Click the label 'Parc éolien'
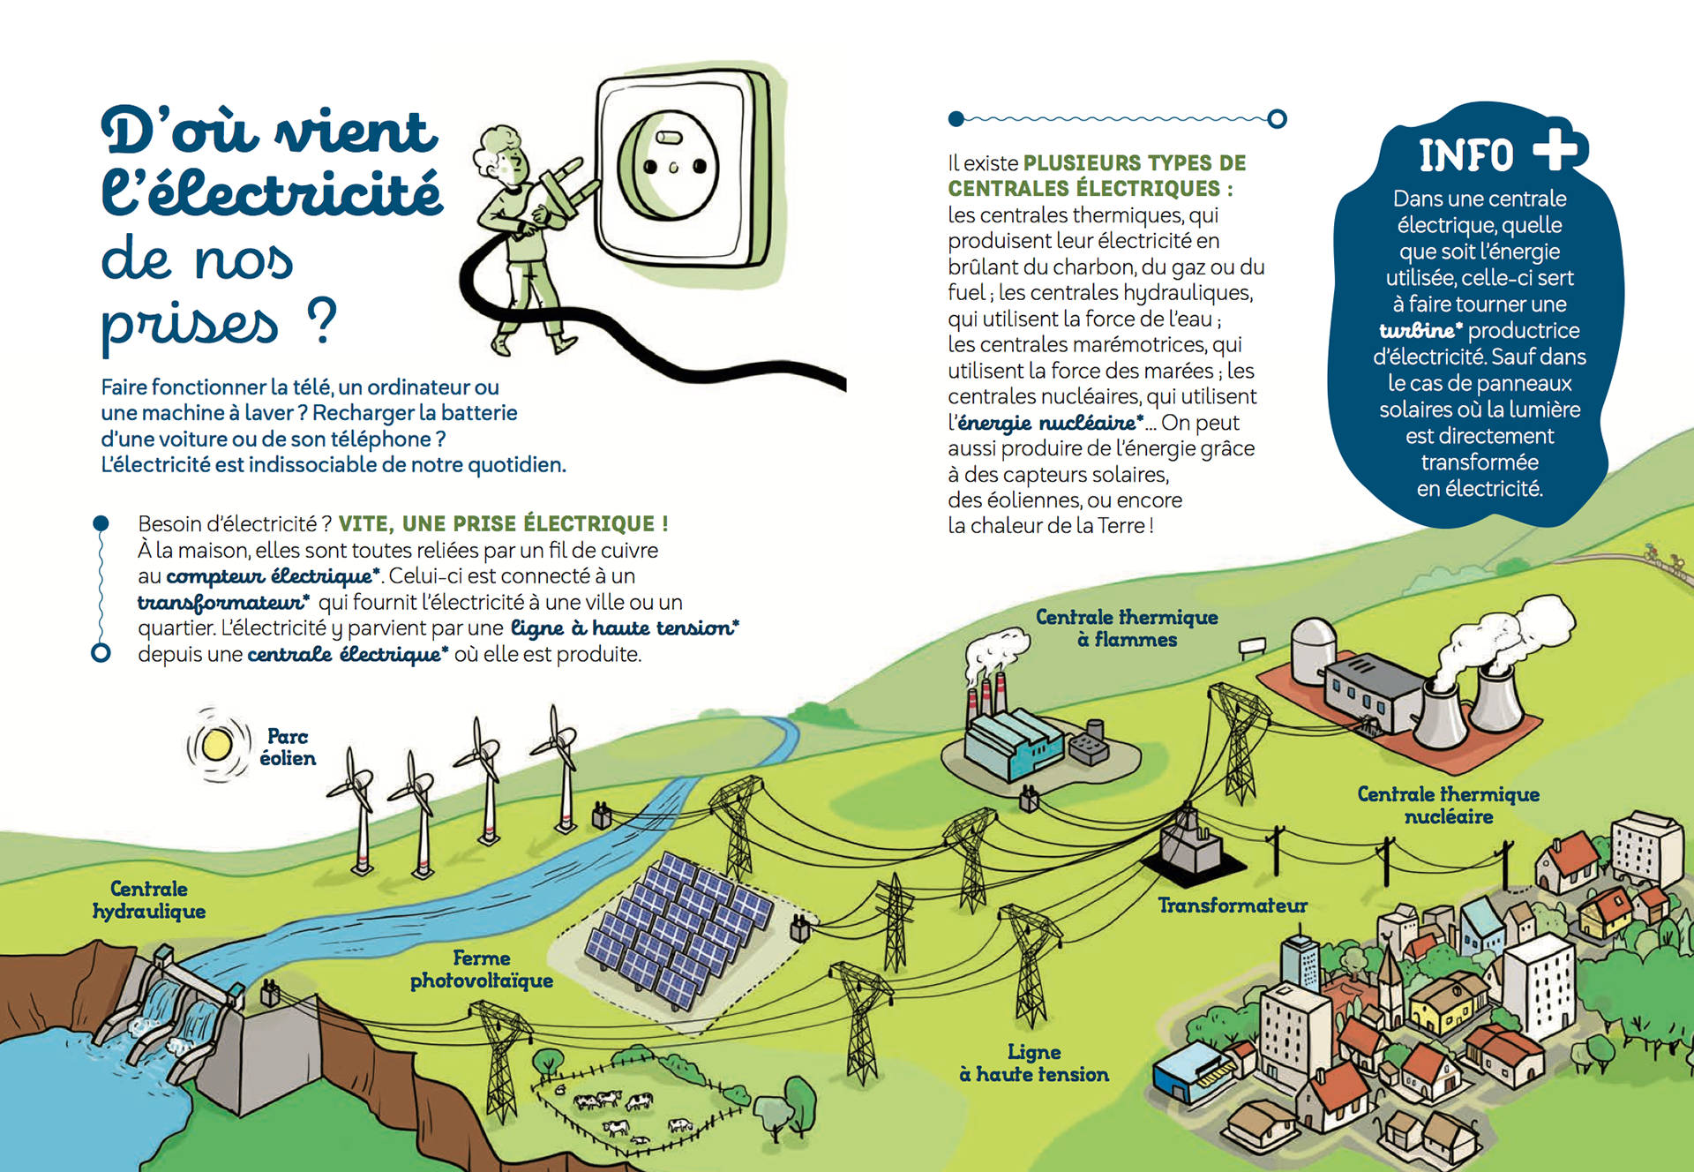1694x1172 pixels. click(288, 748)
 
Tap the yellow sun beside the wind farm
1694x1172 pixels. click(216, 745)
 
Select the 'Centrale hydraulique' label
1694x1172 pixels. click(149, 900)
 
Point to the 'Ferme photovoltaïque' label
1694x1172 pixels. click(482, 969)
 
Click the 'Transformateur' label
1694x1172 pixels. click(1233, 905)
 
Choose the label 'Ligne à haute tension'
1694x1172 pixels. click(1034, 1063)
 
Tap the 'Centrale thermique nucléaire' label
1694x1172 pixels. click(1448, 805)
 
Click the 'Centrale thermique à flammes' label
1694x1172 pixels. click(1127, 627)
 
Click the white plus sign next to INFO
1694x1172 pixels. click(1558, 148)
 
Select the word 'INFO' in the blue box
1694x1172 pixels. click(1465, 156)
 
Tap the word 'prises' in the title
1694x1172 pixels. click(190, 323)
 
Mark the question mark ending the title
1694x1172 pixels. click(322, 321)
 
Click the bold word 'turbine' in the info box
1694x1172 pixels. click(1418, 331)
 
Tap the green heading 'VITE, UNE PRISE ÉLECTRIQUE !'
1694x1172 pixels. click(503, 523)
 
